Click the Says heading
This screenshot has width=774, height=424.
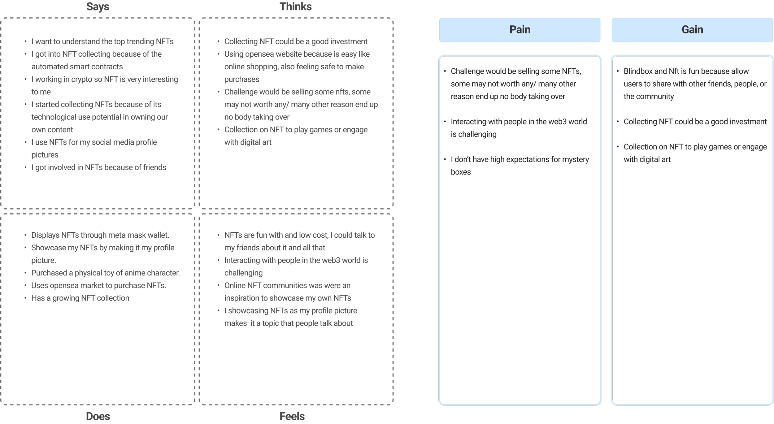98,7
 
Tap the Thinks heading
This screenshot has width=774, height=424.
295,7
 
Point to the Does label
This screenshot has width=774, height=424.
98,416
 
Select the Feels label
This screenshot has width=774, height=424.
292,416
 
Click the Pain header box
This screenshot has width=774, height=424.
520,30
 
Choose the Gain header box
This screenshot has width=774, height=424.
692,30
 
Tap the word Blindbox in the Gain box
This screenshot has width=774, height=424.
637,71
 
